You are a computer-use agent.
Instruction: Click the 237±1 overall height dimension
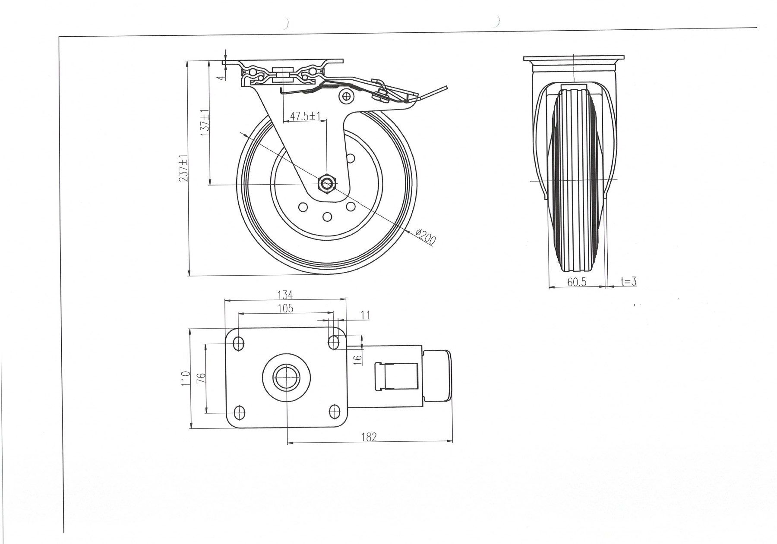point(184,168)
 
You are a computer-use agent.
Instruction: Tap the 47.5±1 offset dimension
point(305,116)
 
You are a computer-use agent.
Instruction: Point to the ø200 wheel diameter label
point(426,237)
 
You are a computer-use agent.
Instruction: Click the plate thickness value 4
point(221,78)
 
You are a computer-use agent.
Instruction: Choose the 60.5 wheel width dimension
point(577,282)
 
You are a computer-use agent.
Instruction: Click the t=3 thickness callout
point(629,281)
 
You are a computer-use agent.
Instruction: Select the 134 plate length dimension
point(285,295)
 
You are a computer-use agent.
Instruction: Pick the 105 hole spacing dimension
point(285,308)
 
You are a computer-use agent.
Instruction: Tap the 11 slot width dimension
point(365,315)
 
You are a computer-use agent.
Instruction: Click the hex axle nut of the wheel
point(327,185)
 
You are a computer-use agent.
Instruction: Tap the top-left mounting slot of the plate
point(238,343)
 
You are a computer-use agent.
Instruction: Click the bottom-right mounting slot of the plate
point(333,411)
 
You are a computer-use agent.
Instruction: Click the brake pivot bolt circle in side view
point(345,96)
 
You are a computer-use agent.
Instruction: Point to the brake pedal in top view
point(437,378)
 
